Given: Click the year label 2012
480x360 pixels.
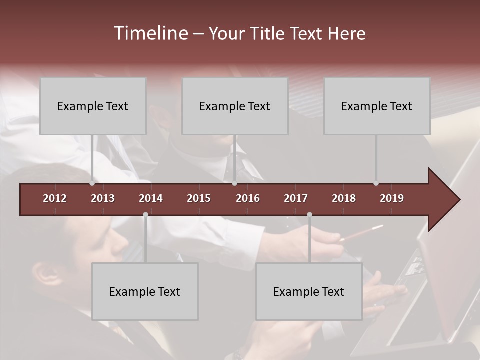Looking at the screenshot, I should click(x=55, y=198).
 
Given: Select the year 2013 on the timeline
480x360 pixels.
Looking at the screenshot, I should click(x=103, y=198).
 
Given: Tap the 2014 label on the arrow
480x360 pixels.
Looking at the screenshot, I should click(x=151, y=198).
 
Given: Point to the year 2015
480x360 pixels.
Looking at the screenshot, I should click(x=199, y=198).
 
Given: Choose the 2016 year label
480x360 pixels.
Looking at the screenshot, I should click(x=248, y=198).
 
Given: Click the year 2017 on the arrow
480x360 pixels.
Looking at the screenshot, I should click(x=296, y=198).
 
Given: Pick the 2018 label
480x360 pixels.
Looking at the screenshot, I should click(x=344, y=198).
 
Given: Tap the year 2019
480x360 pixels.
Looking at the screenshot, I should click(x=392, y=198).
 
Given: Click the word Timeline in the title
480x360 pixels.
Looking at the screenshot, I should click(x=150, y=33).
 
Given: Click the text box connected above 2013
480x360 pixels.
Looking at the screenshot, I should click(x=93, y=106).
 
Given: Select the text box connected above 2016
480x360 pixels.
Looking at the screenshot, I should click(x=235, y=106).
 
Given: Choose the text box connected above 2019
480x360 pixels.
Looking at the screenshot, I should click(x=377, y=106).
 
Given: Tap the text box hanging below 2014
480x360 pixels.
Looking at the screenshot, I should click(x=145, y=291).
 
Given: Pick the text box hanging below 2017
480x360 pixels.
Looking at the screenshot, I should click(x=309, y=291).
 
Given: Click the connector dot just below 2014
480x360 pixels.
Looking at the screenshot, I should click(x=145, y=214).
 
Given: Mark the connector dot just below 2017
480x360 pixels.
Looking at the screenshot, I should click(x=309, y=214).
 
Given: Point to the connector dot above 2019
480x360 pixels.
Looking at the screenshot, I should click(x=376, y=183).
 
